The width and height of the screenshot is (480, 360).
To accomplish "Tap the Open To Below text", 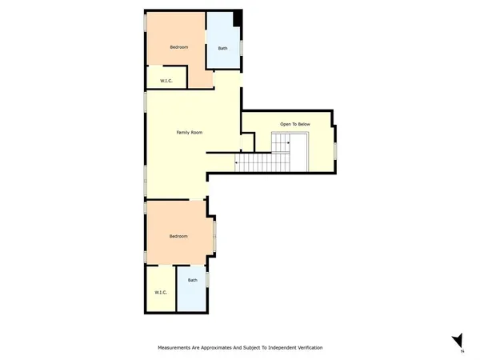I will pyautogui.click(x=294, y=124).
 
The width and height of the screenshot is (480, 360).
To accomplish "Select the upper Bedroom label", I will pyautogui.click(x=179, y=47).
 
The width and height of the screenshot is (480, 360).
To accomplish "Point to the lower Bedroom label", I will pyautogui.click(x=178, y=236).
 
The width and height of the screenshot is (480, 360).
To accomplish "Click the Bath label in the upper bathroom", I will pyautogui.click(x=222, y=47).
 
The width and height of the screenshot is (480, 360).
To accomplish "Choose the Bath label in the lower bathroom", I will pyautogui.click(x=192, y=280).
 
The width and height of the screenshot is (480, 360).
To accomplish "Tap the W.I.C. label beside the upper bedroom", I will pyautogui.click(x=166, y=80).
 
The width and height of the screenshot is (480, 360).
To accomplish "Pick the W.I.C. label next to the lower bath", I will pyautogui.click(x=160, y=293).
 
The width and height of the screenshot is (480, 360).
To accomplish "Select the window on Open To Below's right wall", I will pyautogui.click(x=336, y=149).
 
